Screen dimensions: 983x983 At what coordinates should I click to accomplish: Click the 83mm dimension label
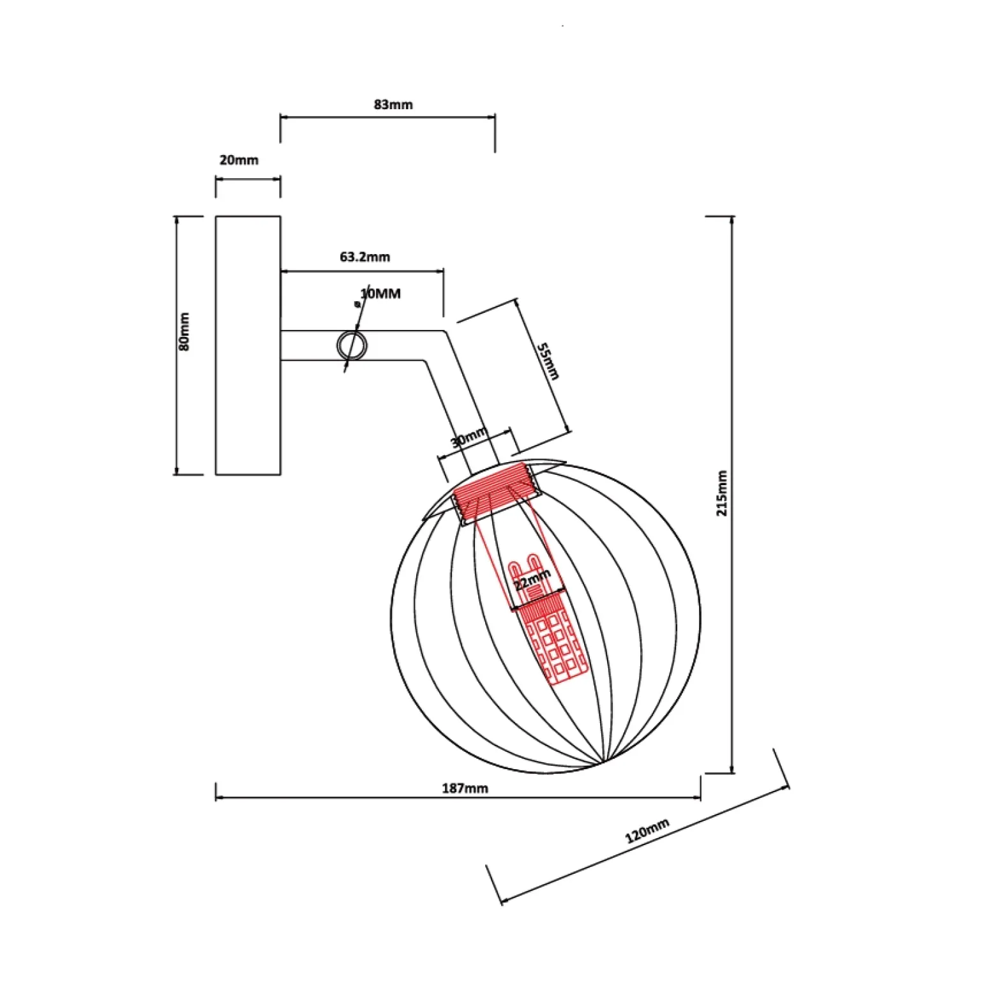pos(393,104)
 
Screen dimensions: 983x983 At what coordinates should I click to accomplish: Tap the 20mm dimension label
pos(239,160)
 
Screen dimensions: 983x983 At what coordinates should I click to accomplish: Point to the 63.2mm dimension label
pos(364,257)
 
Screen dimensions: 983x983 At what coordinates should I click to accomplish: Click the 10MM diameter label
pos(380,294)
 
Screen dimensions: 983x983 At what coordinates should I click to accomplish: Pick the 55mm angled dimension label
pos(548,361)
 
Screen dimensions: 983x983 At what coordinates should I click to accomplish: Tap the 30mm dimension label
pos(469,439)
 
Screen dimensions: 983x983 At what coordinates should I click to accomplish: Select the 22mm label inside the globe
pos(532,580)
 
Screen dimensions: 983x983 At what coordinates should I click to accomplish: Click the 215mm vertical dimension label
pos(722,493)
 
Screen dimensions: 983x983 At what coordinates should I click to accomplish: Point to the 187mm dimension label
pos(465,788)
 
